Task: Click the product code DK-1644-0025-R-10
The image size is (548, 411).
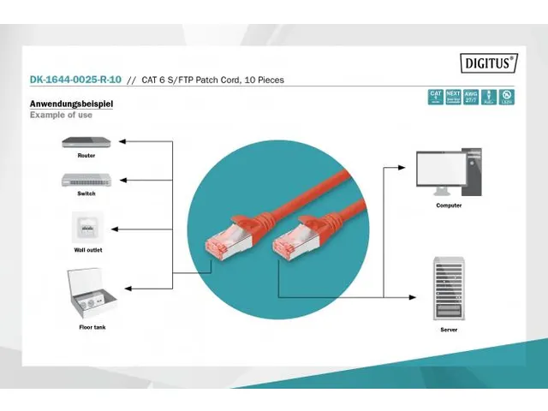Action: [75, 80]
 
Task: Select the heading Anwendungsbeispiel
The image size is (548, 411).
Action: [71, 104]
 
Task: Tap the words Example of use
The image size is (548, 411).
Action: [61, 115]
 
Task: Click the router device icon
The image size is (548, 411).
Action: [86, 141]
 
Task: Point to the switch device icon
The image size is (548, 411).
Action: [86, 180]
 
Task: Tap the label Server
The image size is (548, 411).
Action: [449, 329]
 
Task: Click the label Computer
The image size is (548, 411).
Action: [449, 205]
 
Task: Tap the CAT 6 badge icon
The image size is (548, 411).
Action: [436, 97]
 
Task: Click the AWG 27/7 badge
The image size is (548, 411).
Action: [469, 97]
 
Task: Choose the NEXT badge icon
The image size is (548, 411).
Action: [452, 97]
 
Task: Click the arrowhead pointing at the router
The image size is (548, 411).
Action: [121, 140]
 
